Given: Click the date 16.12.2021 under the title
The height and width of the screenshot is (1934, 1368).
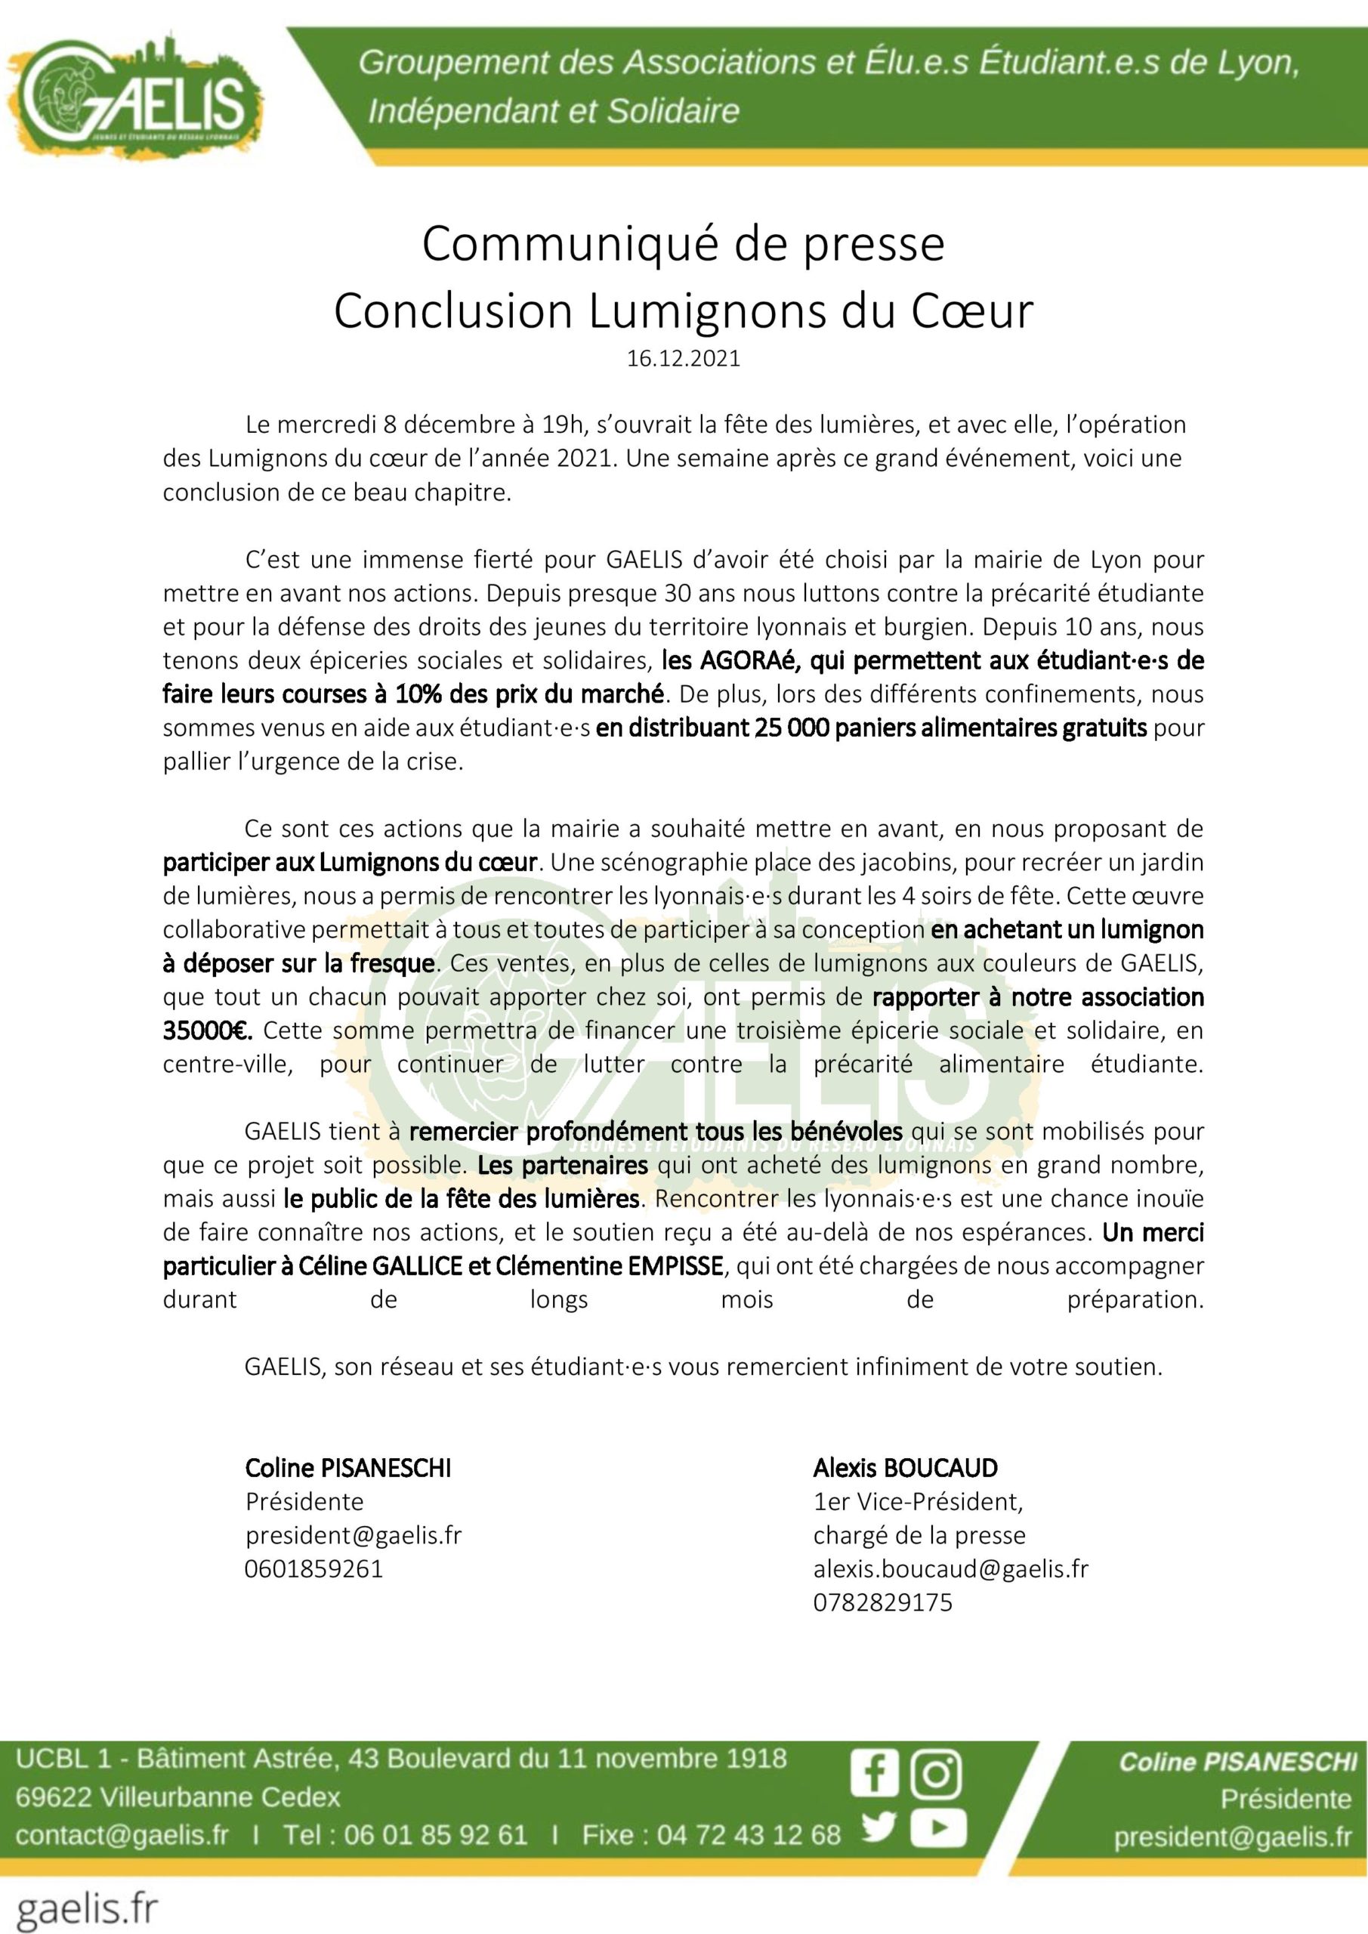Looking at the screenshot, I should (683, 359).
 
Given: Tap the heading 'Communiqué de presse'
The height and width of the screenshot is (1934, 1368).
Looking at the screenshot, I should (683, 244).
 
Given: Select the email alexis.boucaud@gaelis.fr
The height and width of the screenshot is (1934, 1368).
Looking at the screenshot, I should (950, 1568).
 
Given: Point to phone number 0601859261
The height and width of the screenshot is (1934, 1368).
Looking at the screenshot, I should (313, 1568).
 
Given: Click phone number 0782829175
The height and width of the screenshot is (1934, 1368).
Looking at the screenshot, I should (882, 1602).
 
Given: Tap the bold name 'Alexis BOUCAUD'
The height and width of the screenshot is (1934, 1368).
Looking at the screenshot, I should (905, 1468).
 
